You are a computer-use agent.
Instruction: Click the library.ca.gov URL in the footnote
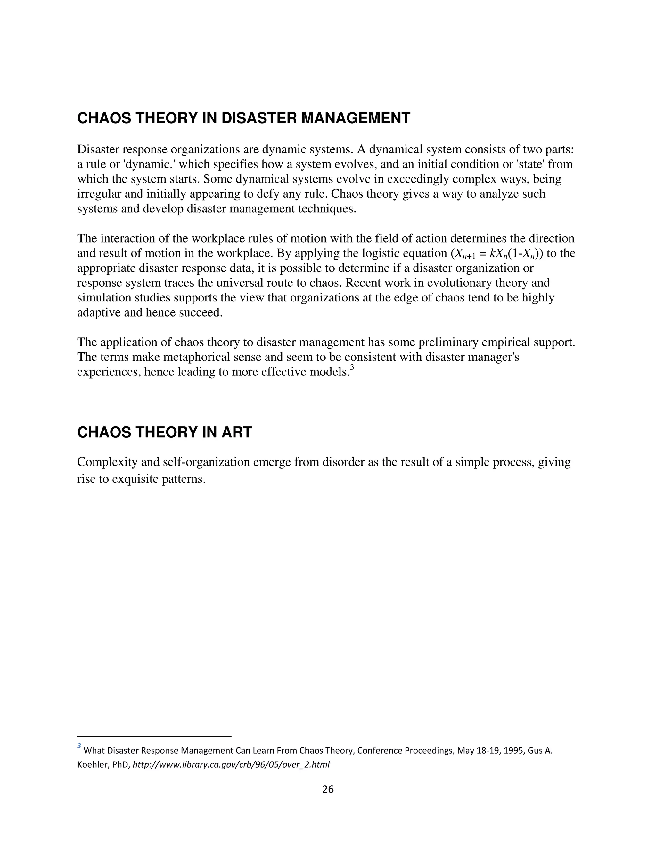click(231, 765)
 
